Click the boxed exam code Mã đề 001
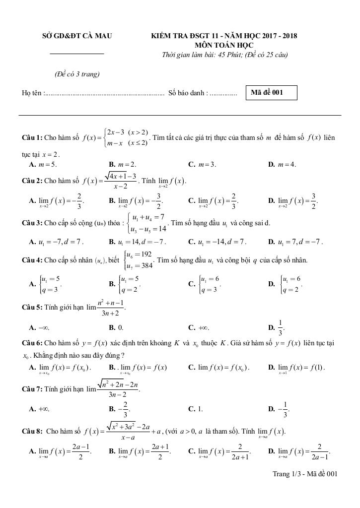click(271, 93)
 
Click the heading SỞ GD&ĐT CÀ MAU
click(77, 36)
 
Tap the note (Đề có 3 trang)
click(77, 74)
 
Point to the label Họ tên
click(33, 93)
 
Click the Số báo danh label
click(188, 93)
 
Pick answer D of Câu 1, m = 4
click(285, 164)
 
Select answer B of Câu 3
click(138, 242)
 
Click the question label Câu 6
click(33, 343)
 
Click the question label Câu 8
click(33, 431)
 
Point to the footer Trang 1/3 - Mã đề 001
click(304, 474)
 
